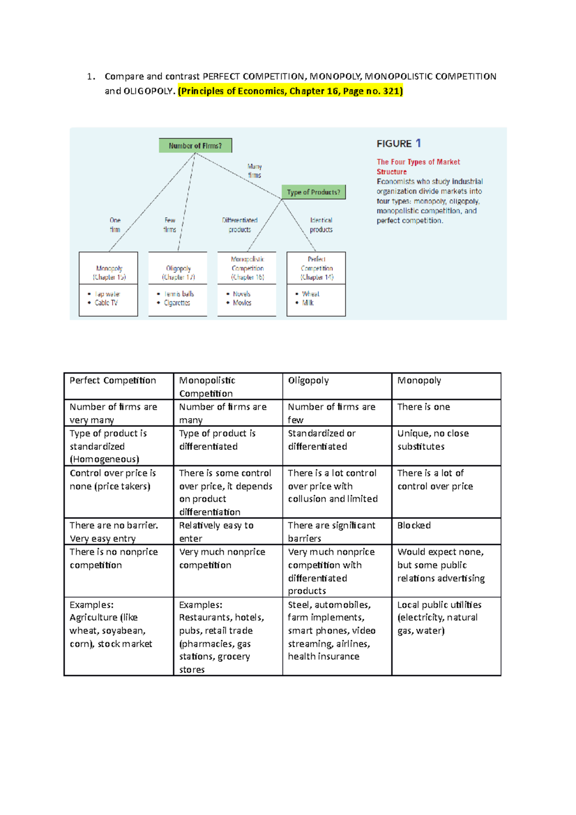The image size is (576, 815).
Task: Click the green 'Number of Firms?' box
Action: pos(195,145)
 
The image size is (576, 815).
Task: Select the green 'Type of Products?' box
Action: pos(313,192)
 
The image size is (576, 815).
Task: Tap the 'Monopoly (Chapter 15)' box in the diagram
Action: pos(109,273)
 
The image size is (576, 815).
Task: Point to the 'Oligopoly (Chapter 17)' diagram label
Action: pos(178,273)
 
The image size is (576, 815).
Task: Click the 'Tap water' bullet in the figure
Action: pos(107,294)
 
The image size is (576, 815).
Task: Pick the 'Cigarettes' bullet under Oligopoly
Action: pos(177,303)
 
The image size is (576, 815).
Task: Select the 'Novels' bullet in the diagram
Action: pos(241,294)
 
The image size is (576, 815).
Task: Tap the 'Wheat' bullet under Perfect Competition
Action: pos(311,294)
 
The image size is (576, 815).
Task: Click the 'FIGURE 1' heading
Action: pos(398,144)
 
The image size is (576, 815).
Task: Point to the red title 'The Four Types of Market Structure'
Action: pos(418,167)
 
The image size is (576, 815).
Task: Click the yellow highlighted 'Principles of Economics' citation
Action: pos(290,91)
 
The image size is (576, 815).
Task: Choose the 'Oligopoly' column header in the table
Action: pos(308,381)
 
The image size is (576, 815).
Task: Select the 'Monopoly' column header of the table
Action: pos(419,381)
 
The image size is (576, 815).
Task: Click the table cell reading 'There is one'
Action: pos(423,407)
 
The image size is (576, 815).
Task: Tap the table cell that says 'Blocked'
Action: pos(414,526)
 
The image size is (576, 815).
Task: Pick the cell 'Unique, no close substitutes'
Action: pos(432,440)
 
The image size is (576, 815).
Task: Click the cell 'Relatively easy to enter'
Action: pos(216,532)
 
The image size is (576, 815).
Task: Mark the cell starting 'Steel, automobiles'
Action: pos(332,630)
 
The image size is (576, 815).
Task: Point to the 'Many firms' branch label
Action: pos(254,171)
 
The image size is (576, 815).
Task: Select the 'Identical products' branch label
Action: pos(321,225)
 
